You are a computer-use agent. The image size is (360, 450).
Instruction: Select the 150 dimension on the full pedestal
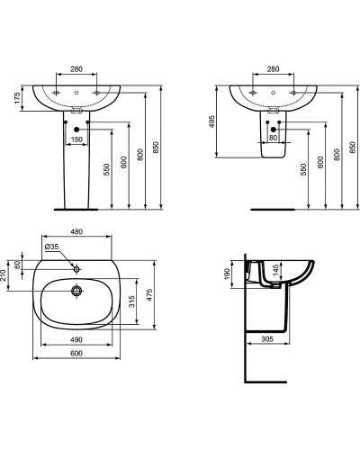point(78,139)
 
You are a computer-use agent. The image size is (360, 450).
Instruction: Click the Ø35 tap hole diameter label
point(50,246)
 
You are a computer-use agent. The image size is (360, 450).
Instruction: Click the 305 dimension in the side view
point(268,339)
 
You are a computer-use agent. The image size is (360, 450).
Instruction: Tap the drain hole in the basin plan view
point(78,291)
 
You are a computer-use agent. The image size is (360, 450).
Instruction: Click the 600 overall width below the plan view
point(78,354)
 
